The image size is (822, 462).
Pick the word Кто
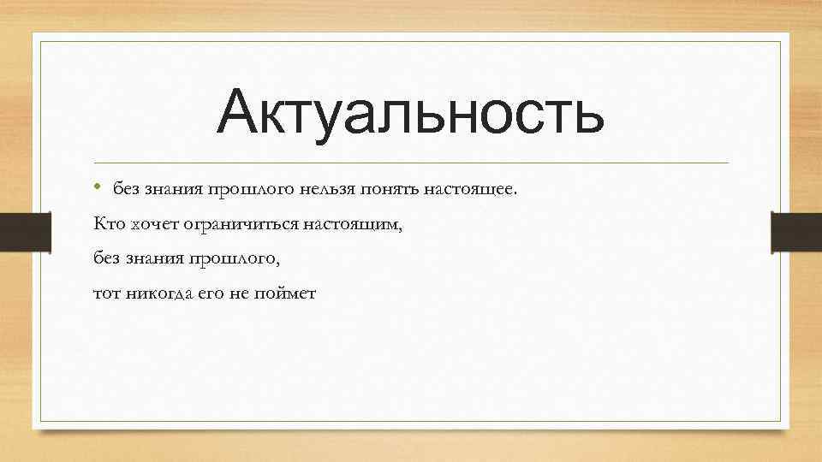(x=109, y=223)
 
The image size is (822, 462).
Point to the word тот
(x=107, y=293)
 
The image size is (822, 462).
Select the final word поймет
(x=287, y=293)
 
